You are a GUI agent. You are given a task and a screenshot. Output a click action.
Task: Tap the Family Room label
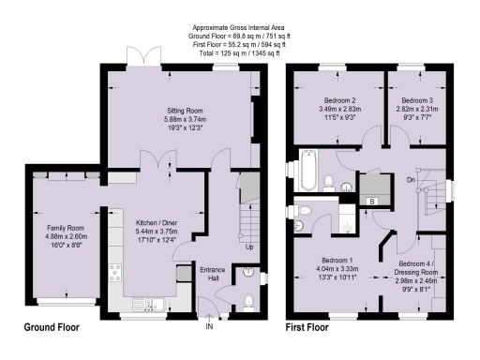point(67,228)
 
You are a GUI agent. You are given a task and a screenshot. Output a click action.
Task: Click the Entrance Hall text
point(215,273)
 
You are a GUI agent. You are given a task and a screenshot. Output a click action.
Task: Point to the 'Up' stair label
point(248,247)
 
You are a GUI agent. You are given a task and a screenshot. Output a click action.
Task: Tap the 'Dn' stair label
point(410,177)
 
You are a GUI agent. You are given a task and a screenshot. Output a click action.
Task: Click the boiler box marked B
point(373,201)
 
